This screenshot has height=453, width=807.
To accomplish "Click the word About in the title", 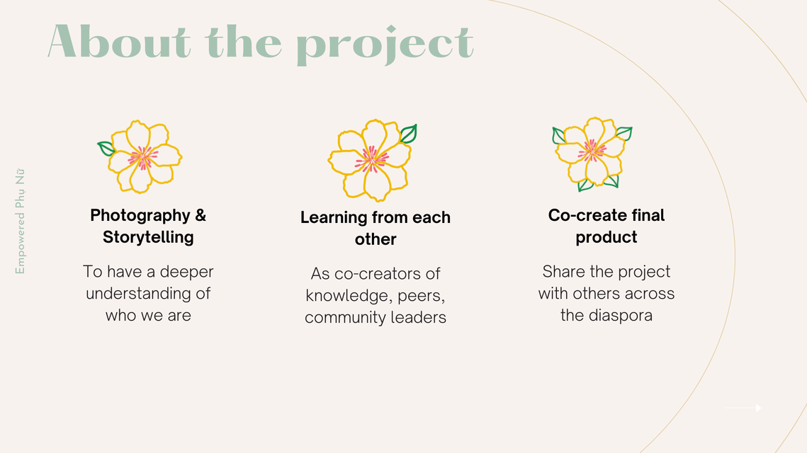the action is point(119,42).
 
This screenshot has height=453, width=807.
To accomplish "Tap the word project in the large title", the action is point(385,45).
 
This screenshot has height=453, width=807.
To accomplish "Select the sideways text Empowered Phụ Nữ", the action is point(20,221).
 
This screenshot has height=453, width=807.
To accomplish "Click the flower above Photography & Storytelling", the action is point(140,157).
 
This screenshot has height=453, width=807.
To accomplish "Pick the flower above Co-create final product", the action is point(592,154).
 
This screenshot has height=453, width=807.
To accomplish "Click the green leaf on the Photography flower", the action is point(106,149).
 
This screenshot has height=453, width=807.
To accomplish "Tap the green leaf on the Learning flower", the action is point(409,134).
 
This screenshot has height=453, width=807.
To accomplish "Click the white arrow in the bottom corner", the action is point(743,408).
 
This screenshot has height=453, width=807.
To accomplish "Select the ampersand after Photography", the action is point(201,215).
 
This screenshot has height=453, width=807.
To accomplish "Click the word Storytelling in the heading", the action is point(148,238).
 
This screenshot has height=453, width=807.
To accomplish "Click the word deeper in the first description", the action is point(186,273).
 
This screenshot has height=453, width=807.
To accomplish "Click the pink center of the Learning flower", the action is point(371,159).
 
